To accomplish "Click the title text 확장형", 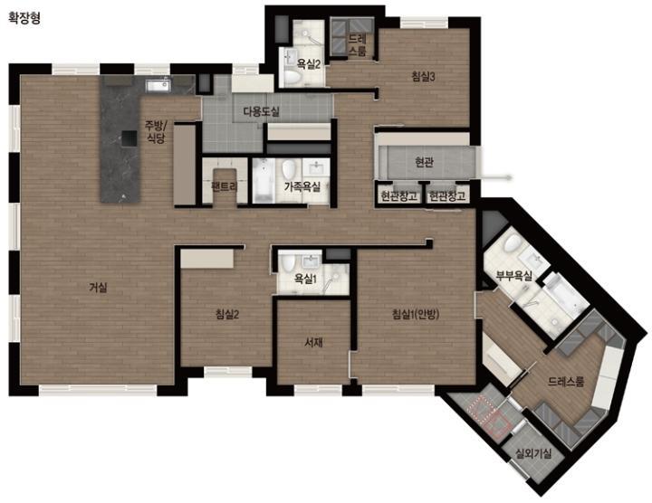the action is pyautogui.click(x=24, y=18).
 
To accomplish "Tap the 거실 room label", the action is pyautogui.click(x=98, y=287).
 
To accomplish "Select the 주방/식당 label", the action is pyautogui.click(x=156, y=131).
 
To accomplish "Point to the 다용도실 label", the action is pyautogui.click(x=261, y=111).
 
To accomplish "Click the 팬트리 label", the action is pyautogui.click(x=225, y=186).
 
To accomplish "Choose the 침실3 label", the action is pyautogui.click(x=423, y=76).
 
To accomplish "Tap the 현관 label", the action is pyautogui.click(x=424, y=162).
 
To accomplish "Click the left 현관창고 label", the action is pyautogui.click(x=399, y=195).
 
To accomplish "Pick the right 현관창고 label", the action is pyautogui.click(x=447, y=195).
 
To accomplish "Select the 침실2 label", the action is pyautogui.click(x=227, y=315).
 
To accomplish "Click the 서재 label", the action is pyautogui.click(x=314, y=342).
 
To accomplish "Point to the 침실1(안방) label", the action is pyautogui.click(x=416, y=315).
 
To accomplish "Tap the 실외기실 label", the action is pyautogui.click(x=533, y=453).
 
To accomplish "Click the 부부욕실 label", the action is pyautogui.click(x=514, y=275).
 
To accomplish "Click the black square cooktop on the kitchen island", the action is pyautogui.click(x=129, y=138).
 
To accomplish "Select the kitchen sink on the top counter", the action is pyautogui.click(x=158, y=86).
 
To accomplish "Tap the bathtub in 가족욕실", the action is pyautogui.click(x=264, y=181).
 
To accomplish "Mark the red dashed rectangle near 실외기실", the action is pyautogui.click(x=489, y=413).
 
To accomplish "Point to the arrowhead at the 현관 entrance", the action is pyautogui.click(x=509, y=177).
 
